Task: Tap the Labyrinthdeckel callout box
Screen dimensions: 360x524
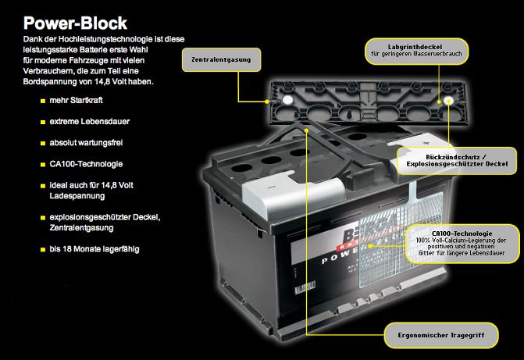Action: [x=413, y=51]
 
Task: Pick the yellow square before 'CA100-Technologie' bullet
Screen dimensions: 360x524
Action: [x=43, y=166]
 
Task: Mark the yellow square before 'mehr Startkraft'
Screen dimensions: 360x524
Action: [x=43, y=102]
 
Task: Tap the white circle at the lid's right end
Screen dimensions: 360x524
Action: [x=448, y=101]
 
